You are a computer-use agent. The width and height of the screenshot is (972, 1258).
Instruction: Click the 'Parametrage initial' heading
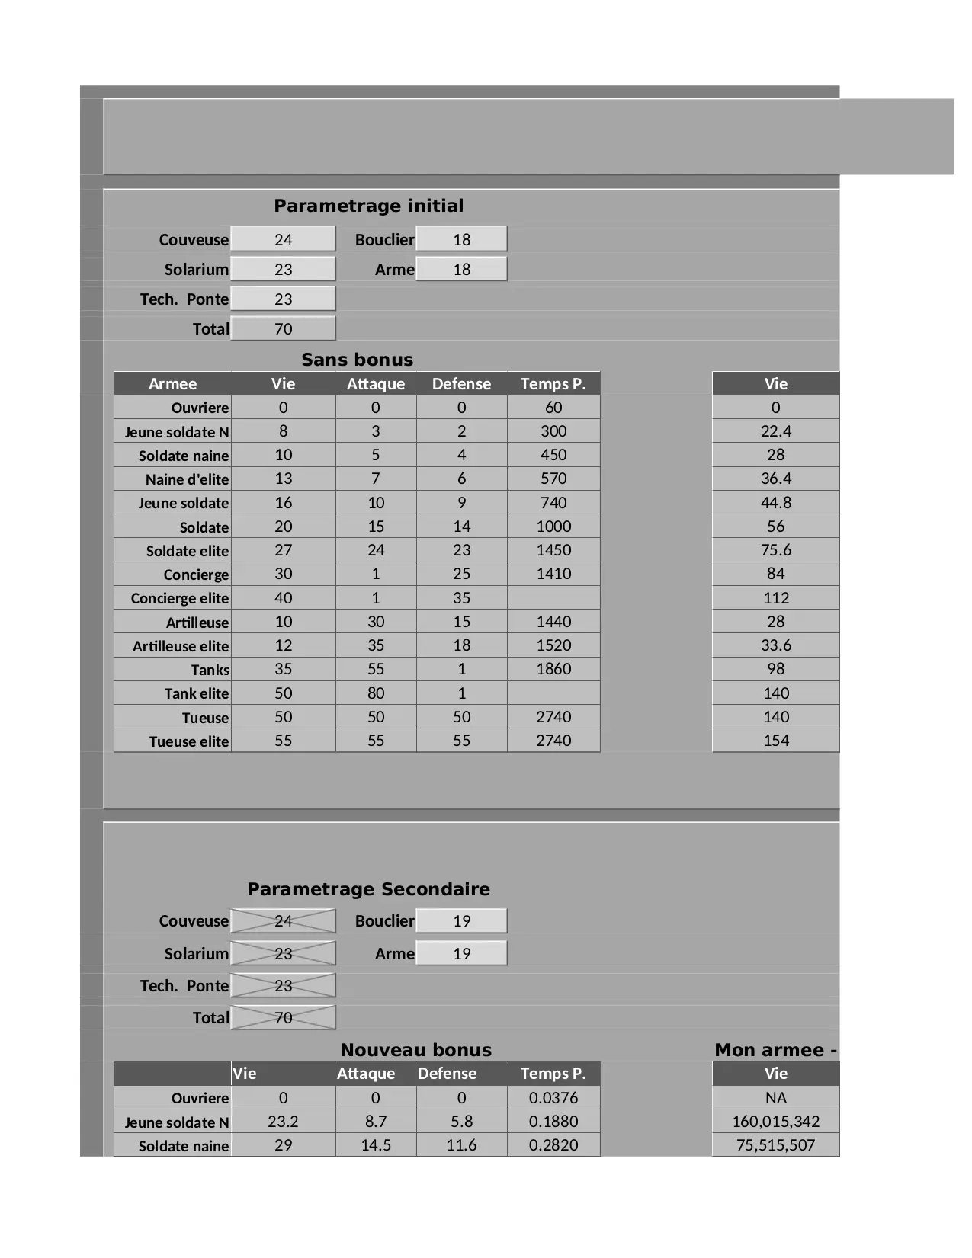coord(368,206)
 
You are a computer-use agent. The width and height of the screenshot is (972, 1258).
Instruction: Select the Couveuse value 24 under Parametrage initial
coord(283,239)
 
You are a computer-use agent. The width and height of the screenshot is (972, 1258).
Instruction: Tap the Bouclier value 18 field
coord(461,239)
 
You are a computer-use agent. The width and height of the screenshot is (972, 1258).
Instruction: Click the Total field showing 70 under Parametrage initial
coord(283,328)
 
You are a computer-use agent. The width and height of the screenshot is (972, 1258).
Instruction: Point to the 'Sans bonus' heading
coord(357,360)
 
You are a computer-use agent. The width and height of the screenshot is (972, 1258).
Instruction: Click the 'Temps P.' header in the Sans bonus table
coord(553,383)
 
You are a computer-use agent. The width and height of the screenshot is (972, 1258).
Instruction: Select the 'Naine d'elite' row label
coord(187,479)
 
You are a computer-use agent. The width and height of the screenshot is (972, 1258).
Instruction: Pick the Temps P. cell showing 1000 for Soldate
coord(553,527)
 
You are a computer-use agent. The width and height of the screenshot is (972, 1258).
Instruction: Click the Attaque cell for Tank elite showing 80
coord(376,693)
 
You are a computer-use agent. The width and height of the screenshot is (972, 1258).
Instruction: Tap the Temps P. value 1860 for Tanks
coord(553,669)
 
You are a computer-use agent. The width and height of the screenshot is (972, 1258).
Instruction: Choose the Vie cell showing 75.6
coord(775,550)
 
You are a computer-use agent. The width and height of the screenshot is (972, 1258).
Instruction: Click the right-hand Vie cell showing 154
coord(775,741)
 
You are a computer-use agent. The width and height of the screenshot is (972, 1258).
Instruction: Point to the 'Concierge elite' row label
coord(179,598)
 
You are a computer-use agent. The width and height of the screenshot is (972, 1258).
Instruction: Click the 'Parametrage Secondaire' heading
coord(368,889)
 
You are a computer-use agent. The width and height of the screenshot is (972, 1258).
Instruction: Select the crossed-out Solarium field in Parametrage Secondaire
coord(283,953)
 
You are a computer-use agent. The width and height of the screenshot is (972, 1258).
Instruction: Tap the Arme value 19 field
coord(461,953)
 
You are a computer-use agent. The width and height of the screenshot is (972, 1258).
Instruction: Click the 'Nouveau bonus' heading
coord(415,1050)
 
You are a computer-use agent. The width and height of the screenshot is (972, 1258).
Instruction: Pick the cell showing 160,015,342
coord(775,1122)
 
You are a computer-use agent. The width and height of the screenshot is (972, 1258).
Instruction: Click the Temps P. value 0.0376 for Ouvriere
coord(553,1098)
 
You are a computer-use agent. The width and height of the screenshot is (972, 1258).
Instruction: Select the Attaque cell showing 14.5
coord(376,1145)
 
